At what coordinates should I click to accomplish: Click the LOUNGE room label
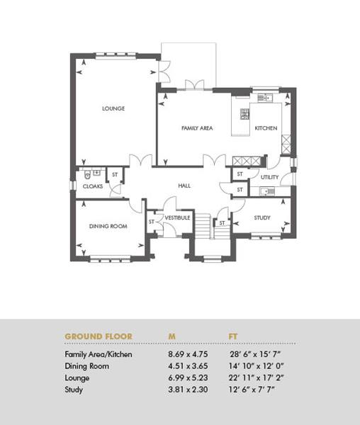(113, 108)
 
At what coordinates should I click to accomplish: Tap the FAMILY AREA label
(197, 128)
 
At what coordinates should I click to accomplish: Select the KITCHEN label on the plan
(266, 128)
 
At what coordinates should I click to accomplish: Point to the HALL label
(184, 186)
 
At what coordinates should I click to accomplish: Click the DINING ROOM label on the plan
(108, 226)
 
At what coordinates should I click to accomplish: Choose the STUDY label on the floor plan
(262, 217)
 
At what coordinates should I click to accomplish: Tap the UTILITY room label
(269, 177)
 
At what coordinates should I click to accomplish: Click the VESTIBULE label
(177, 217)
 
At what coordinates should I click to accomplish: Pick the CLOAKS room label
(93, 186)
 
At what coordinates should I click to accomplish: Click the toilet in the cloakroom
(87, 175)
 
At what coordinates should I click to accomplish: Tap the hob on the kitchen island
(244, 114)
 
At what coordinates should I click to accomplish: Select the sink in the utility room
(268, 191)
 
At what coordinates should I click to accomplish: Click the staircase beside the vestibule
(213, 226)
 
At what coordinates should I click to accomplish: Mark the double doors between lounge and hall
(140, 160)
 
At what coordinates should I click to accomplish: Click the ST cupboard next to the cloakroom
(115, 175)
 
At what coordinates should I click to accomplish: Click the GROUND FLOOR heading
(99, 336)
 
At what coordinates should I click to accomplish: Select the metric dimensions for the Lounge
(188, 378)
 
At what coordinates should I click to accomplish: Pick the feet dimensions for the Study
(252, 390)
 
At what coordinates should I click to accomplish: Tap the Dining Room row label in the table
(86, 366)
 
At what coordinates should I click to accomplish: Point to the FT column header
(233, 336)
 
